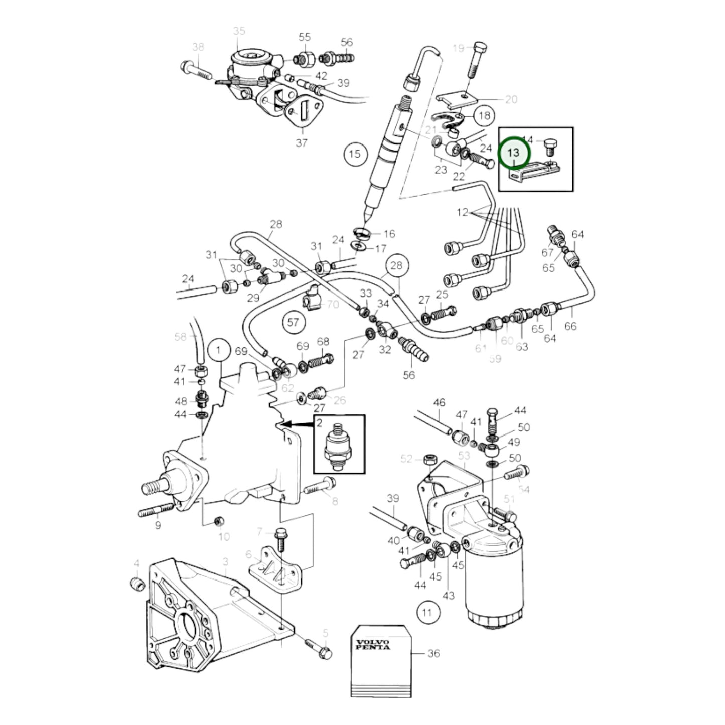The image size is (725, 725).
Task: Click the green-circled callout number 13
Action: [514, 153]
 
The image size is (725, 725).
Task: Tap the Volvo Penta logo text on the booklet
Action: [372, 645]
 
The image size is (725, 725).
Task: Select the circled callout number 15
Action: [355, 154]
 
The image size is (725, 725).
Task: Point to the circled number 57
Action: [293, 323]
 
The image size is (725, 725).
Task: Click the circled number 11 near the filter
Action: [427, 612]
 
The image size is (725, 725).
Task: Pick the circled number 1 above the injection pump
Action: [218, 349]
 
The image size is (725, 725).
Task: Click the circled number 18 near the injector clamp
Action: [484, 116]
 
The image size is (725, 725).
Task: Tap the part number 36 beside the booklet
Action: [433, 653]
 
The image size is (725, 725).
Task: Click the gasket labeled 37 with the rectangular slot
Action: [303, 114]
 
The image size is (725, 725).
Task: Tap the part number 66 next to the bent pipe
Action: [570, 326]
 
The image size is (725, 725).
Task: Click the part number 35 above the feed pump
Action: [239, 32]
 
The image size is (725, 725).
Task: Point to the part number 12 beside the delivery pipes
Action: [462, 212]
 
